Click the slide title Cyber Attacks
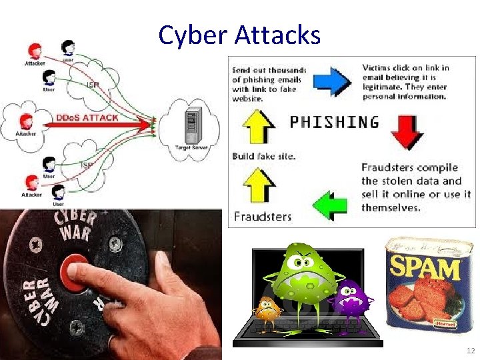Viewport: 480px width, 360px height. [239, 34]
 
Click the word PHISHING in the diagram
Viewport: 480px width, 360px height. [334, 122]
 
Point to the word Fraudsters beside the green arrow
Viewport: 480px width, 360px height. [262, 216]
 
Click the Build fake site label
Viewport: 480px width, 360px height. [263, 156]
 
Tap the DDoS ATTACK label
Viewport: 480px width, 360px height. [87, 117]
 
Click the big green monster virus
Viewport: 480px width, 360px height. [303, 280]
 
